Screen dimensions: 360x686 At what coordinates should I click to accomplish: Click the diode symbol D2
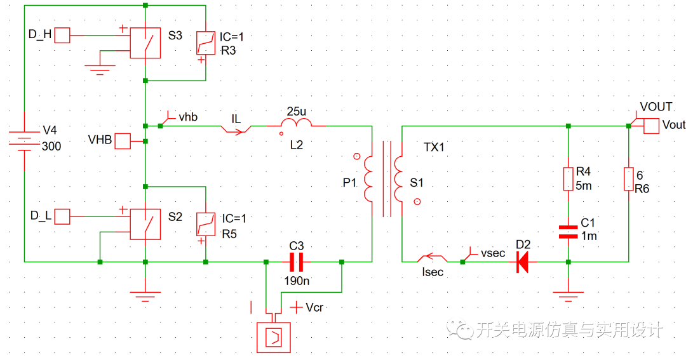[x=522, y=261]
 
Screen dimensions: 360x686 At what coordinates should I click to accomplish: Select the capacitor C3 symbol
[x=296, y=261]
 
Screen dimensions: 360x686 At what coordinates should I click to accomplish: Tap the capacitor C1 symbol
[x=568, y=231]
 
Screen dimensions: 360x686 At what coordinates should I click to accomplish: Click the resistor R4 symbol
[x=568, y=178]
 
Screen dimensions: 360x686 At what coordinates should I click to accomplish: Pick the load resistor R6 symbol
[x=628, y=178]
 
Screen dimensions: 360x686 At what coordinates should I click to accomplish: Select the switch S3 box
[x=145, y=43]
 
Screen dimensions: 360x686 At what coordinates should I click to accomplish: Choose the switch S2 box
[x=145, y=224]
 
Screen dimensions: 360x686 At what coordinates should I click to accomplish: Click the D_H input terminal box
[x=62, y=36]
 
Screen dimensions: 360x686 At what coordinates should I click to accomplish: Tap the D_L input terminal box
[x=62, y=217]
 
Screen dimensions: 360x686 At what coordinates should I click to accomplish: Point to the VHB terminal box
[x=122, y=141]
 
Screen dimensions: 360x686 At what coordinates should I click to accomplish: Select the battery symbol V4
[x=24, y=140]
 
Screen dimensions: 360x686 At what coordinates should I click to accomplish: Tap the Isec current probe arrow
[x=432, y=259]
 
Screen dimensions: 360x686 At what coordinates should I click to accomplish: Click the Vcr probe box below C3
[x=272, y=337]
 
